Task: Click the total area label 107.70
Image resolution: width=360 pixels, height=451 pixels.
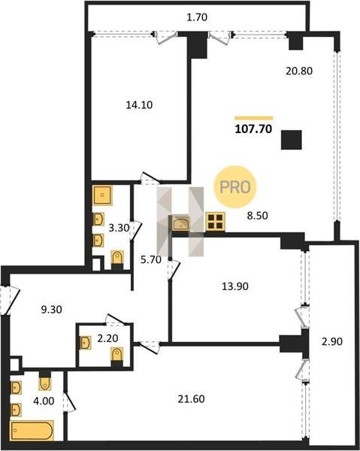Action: [253, 129]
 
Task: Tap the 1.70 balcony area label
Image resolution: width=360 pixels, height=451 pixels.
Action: [197, 17]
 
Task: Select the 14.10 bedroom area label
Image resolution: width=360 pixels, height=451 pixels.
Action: [139, 105]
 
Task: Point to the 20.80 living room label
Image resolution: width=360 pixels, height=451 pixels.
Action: [299, 71]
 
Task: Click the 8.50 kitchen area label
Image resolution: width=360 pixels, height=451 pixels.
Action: [258, 216]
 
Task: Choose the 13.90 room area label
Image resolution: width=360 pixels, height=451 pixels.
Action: [235, 286]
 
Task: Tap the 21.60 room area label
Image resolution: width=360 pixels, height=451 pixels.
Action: [191, 399]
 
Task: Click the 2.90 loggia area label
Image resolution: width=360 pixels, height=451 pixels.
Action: [332, 342]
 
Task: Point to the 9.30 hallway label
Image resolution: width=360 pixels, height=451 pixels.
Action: [51, 310]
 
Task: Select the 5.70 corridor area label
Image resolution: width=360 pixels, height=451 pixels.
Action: [151, 260]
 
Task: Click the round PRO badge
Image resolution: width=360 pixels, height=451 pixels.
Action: [235, 187]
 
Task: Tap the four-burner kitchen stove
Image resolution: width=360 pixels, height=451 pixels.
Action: [216, 222]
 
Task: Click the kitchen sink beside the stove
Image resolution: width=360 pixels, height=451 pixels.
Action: [181, 223]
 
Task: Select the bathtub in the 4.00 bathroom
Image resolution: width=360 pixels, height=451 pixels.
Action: [32, 431]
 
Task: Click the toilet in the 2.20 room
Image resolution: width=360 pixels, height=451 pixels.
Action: [117, 356]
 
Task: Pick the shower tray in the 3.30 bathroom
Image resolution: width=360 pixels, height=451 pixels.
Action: [102, 195]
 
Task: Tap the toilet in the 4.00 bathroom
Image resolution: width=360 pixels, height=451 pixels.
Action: [45, 381]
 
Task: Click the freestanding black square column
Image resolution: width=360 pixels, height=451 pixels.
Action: [292, 140]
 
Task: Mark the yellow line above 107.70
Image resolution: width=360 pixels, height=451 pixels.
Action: [253, 118]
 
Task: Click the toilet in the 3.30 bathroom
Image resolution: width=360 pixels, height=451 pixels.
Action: [117, 260]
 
